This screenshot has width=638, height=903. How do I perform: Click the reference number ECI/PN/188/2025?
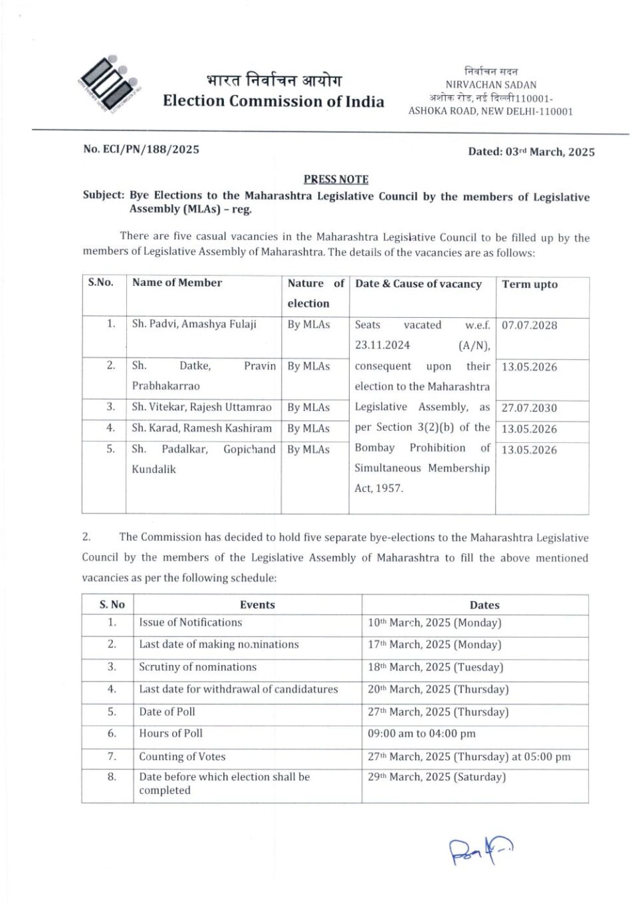coord(141,150)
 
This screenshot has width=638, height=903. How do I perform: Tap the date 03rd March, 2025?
coord(531,152)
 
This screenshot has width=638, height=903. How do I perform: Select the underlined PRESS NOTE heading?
coord(336,179)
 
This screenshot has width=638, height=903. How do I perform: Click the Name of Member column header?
coord(177,283)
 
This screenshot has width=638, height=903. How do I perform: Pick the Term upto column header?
coord(530,284)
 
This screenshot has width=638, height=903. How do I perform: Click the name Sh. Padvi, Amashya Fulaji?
coord(193,324)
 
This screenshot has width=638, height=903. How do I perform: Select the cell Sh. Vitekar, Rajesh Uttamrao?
coord(201,407)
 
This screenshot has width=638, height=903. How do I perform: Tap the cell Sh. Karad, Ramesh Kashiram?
coord(201,428)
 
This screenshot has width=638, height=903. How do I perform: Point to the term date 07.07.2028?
coord(529,325)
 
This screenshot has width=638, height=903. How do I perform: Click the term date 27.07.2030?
coord(529,408)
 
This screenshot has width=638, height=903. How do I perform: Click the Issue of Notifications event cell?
coord(190,622)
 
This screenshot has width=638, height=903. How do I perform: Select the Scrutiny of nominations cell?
coord(197,667)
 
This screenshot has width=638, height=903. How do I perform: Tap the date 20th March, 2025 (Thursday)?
coord(438,690)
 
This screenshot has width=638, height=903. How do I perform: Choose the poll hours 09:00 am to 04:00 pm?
coord(421,734)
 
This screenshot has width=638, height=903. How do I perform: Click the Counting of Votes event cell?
coord(182,757)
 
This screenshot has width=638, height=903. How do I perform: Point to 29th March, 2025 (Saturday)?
coord(437,777)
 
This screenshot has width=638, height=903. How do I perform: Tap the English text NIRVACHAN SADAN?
coord(490,84)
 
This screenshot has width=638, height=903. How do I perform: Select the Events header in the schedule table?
coord(257,604)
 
